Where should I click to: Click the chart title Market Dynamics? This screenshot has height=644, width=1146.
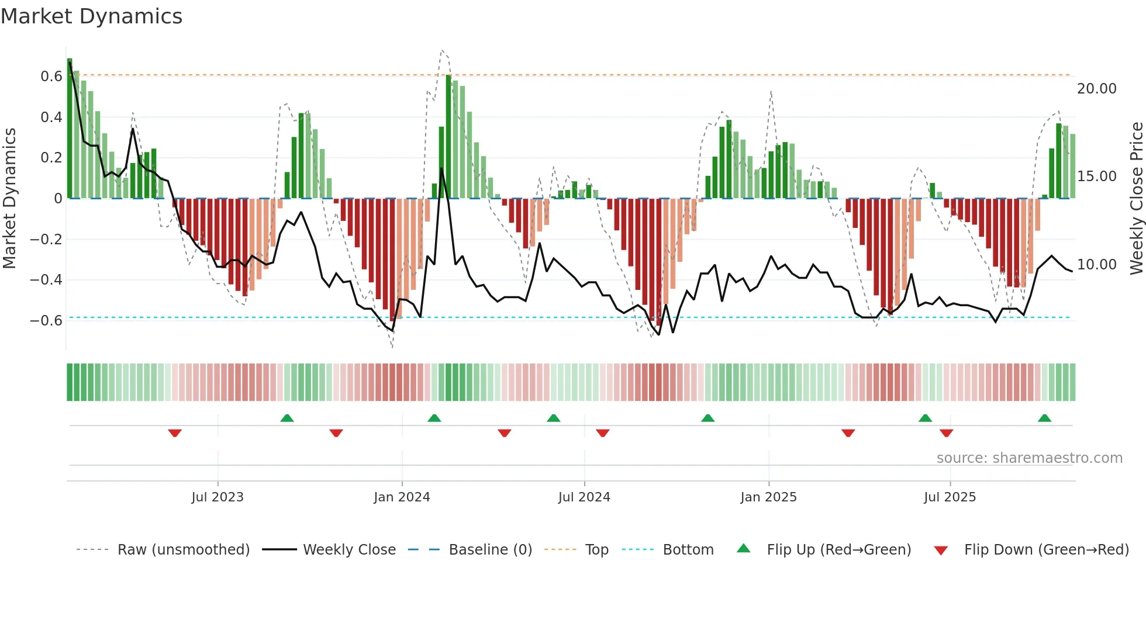92,16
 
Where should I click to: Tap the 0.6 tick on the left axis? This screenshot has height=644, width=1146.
51,77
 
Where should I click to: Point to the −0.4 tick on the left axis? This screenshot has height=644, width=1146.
46,280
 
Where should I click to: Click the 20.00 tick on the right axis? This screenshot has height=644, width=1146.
1096,89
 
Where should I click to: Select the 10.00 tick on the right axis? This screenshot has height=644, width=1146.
1096,265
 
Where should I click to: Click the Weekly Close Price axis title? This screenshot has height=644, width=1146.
1136,199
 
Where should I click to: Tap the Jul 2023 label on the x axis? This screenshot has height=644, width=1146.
218,497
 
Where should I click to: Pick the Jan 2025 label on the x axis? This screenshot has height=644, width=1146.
768,497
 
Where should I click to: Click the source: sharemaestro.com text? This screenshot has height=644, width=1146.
1029,458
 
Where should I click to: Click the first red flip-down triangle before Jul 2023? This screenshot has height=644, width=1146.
175,433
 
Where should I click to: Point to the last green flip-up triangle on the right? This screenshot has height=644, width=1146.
1044,418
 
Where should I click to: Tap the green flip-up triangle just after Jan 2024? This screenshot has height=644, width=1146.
434,418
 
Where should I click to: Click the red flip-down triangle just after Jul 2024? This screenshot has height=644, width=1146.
603,433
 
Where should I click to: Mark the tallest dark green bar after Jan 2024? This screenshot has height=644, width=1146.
448,137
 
